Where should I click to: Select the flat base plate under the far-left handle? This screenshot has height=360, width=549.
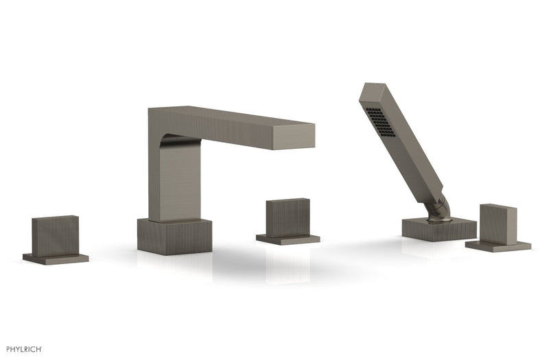click(x=55, y=258)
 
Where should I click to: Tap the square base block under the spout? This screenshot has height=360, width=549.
click(x=170, y=237)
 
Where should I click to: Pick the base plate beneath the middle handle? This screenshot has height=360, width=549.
click(x=288, y=239)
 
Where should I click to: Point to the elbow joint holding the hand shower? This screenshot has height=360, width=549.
click(x=439, y=210)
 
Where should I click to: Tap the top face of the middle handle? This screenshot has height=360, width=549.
click(x=288, y=200)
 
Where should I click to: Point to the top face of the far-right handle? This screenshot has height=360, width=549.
click(x=499, y=205)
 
